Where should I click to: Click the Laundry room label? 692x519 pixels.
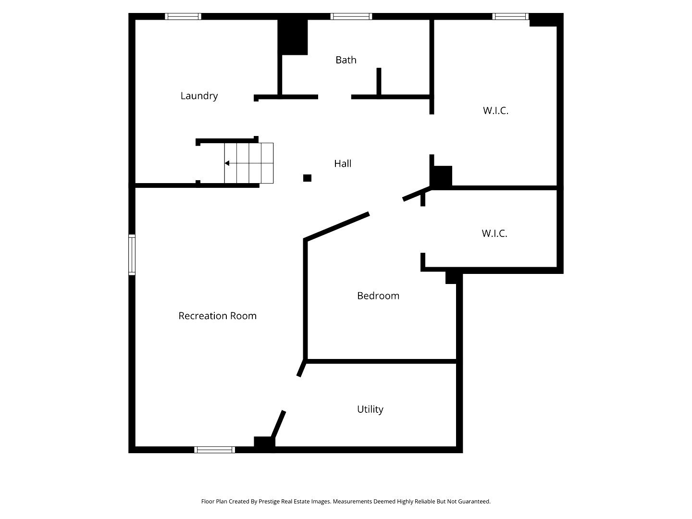pos(199,96)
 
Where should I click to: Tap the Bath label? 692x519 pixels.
pos(346,60)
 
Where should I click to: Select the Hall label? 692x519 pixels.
pos(343,164)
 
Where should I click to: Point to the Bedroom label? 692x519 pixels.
pos(378,296)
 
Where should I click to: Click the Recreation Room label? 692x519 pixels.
pos(217,316)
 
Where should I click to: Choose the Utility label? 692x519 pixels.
pos(370,409)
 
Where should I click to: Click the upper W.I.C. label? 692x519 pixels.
pos(495,111)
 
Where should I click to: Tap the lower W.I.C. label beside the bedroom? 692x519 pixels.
pos(494,234)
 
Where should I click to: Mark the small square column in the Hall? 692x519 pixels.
pos(308,178)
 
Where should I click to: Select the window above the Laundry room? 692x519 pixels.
pos(183,16)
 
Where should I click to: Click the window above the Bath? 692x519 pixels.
pos(351,16)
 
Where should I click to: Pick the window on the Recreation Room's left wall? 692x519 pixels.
pos(132,255)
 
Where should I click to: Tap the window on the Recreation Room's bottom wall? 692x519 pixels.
pos(215,450)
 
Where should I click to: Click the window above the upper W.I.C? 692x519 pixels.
pos(510,16)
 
